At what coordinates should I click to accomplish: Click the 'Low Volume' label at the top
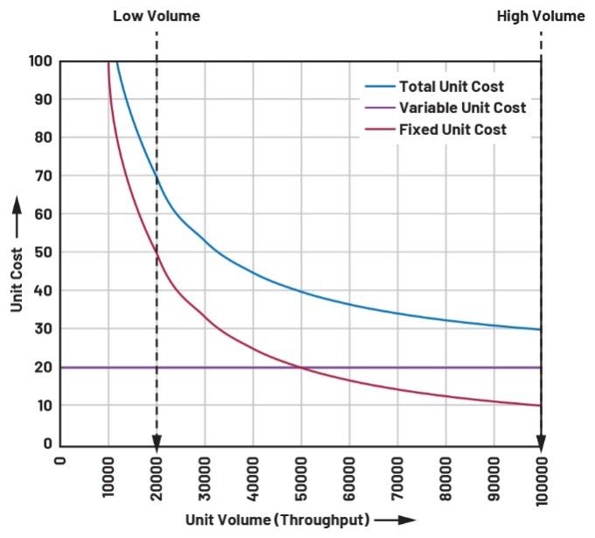pyautogui.click(x=157, y=16)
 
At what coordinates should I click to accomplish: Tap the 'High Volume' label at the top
pyautogui.click(x=541, y=16)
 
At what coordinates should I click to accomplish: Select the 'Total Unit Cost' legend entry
pyautogui.click(x=451, y=87)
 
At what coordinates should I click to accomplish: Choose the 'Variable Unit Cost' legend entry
pyautogui.click(x=462, y=108)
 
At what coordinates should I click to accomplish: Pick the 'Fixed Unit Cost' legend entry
pyautogui.click(x=452, y=130)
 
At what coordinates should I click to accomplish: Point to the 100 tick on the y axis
pyautogui.click(x=40, y=61)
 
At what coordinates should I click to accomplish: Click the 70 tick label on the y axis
pyautogui.click(x=44, y=176)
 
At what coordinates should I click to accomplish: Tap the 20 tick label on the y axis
pyautogui.click(x=44, y=367)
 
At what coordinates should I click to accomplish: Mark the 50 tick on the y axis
pyautogui.click(x=44, y=252)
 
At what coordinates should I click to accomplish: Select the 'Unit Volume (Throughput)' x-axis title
pyautogui.click(x=277, y=519)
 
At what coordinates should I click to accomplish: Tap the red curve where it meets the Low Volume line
pyautogui.click(x=157, y=253)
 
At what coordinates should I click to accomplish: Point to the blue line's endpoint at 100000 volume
pyautogui.click(x=541, y=329)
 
